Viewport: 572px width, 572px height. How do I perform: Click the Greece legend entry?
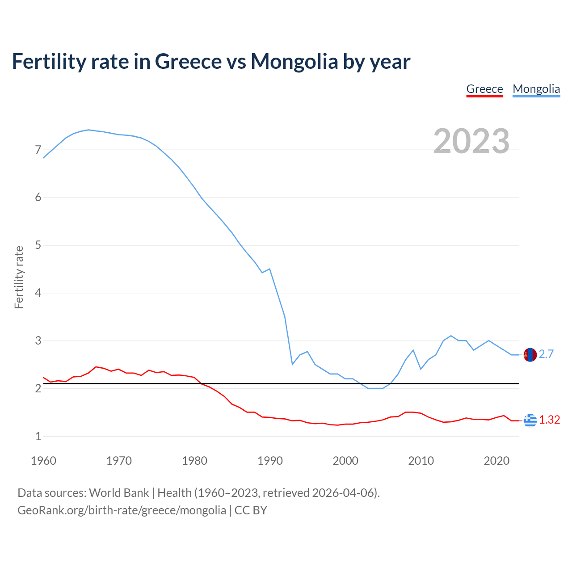click(484, 89)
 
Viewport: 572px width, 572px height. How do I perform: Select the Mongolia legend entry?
click(536, 89)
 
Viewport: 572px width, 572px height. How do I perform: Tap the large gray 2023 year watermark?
click(471, 141)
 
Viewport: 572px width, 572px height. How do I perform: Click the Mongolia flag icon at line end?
click(530, 355)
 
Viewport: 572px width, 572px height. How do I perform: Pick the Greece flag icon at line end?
click(530, 420)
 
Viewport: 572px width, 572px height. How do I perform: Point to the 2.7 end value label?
click(546, 354)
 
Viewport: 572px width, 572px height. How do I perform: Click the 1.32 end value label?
click(549, 420)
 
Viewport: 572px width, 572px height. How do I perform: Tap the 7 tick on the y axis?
click(38, 150)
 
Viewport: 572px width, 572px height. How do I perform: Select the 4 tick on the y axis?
click(38, 293)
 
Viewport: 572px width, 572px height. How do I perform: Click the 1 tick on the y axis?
click(38, 437)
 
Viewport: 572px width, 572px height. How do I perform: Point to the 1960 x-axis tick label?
click(43, 461)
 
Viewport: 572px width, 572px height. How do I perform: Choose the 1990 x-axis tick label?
click(270, 461)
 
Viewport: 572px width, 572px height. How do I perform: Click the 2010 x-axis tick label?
click(421, 461)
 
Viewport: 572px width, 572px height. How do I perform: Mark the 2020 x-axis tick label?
click(496, 461)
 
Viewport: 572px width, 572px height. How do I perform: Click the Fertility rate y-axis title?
click(19, 277)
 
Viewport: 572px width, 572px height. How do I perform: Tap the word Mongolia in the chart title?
click(294, 62)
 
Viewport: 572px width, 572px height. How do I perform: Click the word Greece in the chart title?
click(188, 62)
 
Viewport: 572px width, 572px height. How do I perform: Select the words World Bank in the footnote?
click(119, 493)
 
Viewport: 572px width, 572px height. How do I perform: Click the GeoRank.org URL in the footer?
click(122, 510)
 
